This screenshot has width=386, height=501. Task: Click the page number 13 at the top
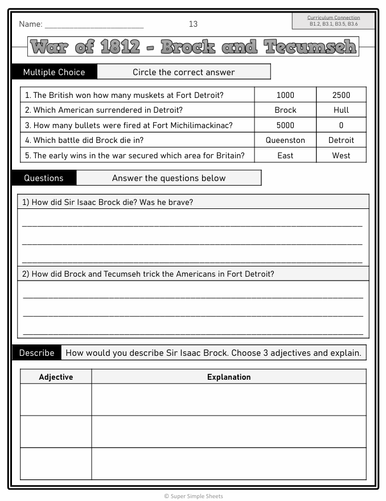(x=193, y=24)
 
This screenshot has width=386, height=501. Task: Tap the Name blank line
(x=94, y=26)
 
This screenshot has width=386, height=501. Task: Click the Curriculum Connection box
(x=333, y=21)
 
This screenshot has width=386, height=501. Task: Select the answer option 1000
(x=285, y=95)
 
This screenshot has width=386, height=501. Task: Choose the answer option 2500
(x=341, y=95)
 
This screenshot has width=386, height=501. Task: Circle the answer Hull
(x=341, y=110)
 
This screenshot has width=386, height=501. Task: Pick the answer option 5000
(x=285, y=125)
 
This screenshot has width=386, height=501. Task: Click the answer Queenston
(x=285, y=140)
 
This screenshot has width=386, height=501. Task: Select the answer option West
(x=341, y=155)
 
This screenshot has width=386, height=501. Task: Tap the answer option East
(x=285, y=155)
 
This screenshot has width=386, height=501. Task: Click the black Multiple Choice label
(x=54, y=72)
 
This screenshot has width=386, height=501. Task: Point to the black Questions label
(x=44, y=178)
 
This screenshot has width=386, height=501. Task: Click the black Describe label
(x=36, y=353)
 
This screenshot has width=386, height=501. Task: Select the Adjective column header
(x=56, y=377)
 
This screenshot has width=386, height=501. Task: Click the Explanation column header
(x=229, y=377)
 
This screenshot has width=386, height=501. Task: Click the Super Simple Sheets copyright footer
(x=194, y=496)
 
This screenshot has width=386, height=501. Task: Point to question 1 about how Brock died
(x=108, y=202)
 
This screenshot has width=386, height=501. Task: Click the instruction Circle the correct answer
(x=183, y=72)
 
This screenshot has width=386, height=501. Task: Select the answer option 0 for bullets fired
(x=341, y=125)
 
